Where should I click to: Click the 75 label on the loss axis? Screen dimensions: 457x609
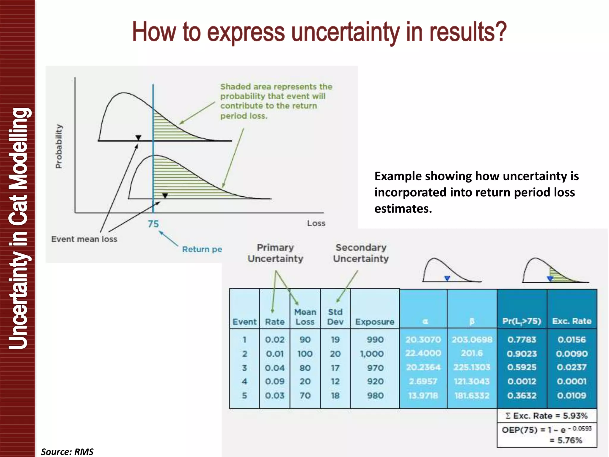tap(153, 224)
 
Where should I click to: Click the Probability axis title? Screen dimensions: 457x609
tap(59, 146)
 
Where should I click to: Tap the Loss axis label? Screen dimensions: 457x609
tap(316, 223)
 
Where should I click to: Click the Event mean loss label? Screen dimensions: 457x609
tap(84, 239)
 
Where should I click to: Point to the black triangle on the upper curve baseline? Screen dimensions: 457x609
tap(138, 137)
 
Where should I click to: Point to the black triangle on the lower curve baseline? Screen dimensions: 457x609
tap(165, 195)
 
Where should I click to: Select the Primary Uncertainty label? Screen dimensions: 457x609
tap(275, 253)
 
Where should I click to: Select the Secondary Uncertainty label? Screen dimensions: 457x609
tap(361, 253)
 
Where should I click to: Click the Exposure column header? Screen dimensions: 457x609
tap(375, 322)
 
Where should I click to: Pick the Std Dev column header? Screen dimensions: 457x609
tap(335, 317)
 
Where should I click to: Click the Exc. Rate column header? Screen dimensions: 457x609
tap(572, 321)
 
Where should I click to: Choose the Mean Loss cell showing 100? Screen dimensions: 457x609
tap(305, 354)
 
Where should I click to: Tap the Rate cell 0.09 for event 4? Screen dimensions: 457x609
tap(275, 381)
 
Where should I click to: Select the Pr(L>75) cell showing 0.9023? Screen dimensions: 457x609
tap(522, 354)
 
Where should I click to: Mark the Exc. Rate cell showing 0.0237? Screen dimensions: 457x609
tap(572, 367)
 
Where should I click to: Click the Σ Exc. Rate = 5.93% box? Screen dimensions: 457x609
tap(547, 416)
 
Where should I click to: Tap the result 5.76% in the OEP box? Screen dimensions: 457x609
tap(569, 440)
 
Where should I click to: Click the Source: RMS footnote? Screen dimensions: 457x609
tap(67, 452)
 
